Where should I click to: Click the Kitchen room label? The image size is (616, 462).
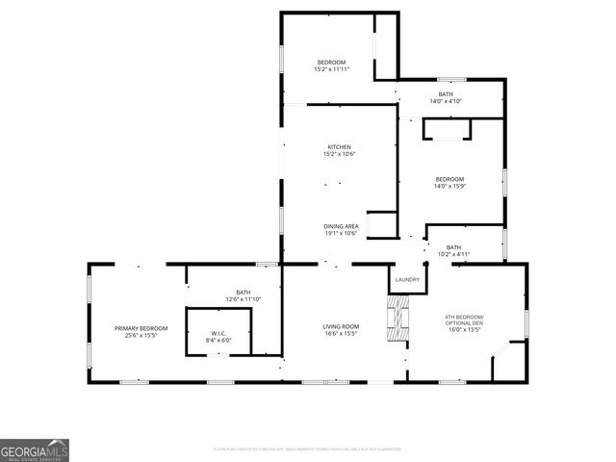tap(339, 147)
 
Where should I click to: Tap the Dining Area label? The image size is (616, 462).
tap(341, 226)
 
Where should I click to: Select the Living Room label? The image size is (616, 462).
tap(341, 326)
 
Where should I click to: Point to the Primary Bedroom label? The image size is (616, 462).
tap(135, 328)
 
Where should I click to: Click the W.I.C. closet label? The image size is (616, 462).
tap(218, 333)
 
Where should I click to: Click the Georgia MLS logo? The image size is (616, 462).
tap(35, 449)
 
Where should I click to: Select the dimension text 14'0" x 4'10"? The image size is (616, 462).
tap(446, 101)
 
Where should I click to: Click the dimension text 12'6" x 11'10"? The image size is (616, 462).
tap(243, 299)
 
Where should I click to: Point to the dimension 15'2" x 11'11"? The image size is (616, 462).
tap(331, 69)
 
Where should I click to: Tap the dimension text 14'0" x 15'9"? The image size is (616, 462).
tap(449, 187)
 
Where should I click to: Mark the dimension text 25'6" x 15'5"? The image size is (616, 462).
tap(135, 335)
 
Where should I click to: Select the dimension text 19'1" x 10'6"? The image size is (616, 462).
tap(341, 233)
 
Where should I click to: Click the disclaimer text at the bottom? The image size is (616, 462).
tap(308, 449)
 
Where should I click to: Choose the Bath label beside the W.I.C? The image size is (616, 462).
tap(243, 293)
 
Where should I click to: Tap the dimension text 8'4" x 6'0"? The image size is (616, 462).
tap(218, 340)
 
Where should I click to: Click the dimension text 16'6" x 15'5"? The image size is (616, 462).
tap(341, 333)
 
